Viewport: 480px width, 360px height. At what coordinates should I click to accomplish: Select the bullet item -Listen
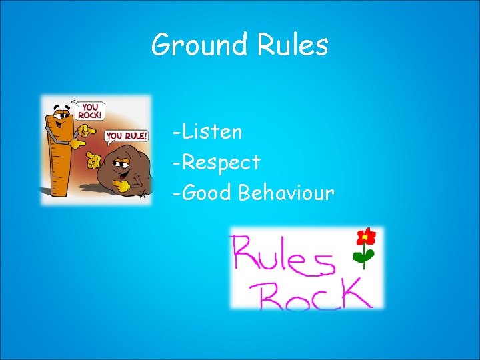click(207, 131)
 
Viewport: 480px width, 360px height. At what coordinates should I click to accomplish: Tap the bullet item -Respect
click(215, 162)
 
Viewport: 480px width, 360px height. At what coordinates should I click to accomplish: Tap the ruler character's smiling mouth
click(64, 125)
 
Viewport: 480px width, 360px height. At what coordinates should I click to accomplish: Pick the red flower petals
click(365, 236)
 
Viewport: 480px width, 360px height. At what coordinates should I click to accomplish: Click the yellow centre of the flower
click(365, 237)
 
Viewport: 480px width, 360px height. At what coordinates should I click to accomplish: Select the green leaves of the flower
click(364, 257)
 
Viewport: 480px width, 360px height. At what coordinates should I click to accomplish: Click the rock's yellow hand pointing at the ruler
click(94, 160)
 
